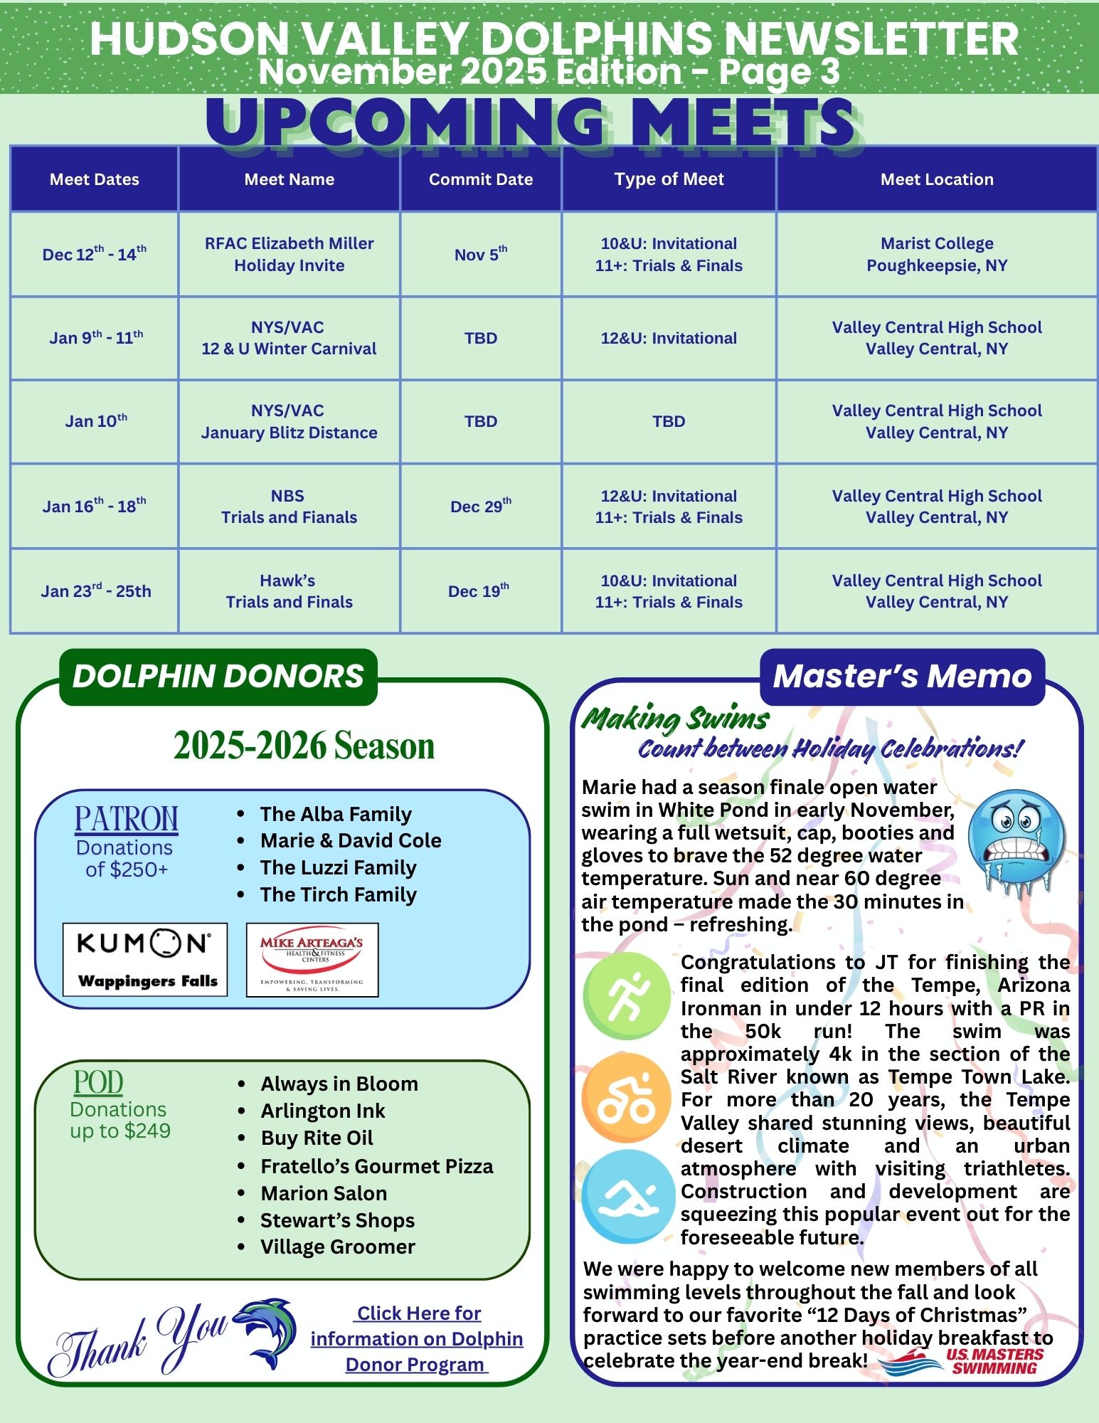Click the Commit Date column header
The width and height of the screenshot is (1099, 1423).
click(x=481, y=179)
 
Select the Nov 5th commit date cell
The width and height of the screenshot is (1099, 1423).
click(x=481, y=254)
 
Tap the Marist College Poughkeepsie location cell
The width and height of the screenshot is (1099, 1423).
click(x=937, y=254)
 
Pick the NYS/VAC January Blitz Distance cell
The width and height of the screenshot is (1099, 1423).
click(x=289, y=421)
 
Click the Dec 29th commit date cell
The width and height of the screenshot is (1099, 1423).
click(x=481, y=506)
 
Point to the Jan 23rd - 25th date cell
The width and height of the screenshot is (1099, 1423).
click(x=95, y=591)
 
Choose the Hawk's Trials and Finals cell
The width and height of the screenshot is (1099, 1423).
click(x=289, y=591)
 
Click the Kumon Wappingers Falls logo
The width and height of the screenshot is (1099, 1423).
click(x=145, y=959)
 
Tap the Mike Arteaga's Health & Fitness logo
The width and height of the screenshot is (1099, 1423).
click(x=312, y=959)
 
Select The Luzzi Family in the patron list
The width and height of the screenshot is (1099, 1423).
click(x=338, y=867)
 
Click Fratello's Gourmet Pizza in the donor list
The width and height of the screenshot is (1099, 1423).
click(x=376, y=1166)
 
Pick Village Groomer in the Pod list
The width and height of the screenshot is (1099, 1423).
click(x=337, y=1247)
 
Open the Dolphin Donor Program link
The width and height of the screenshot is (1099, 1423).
click(x=417, y=1338)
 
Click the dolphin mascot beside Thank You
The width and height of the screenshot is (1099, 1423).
click(x=266, y=1332)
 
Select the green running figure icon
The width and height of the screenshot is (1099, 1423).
click(x=626, y=996)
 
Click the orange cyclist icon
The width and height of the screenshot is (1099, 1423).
click(x=626, y=1098)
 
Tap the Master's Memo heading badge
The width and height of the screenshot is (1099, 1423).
click(x=902, y=676)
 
